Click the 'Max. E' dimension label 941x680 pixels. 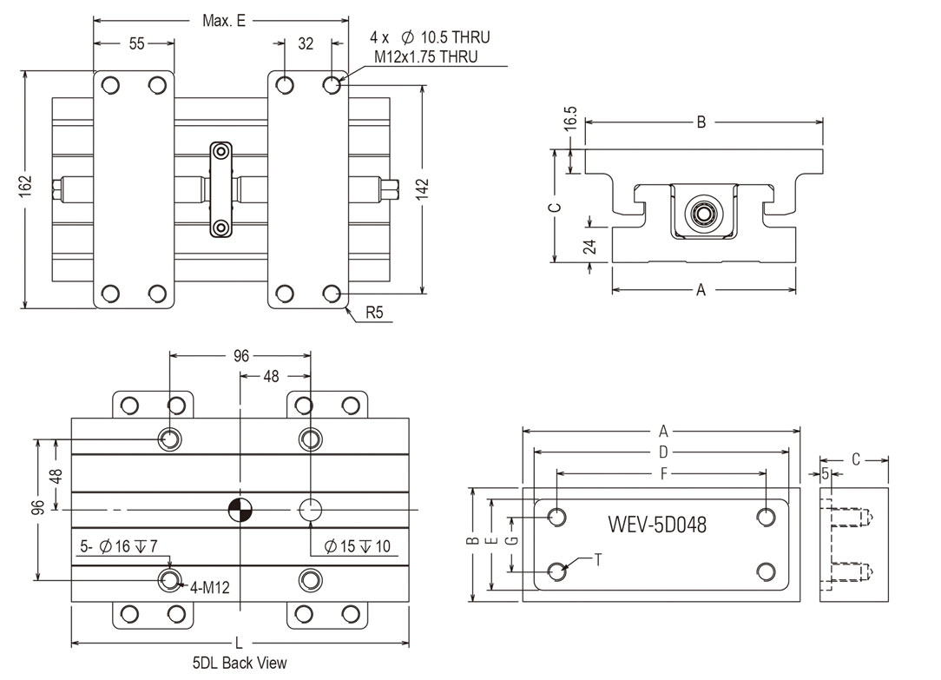click(223, 20)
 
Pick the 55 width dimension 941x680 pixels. click(136, 44)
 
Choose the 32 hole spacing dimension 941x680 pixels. click(306, 44)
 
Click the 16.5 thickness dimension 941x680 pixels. click(569, 119)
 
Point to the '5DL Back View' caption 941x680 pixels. click(240, 663)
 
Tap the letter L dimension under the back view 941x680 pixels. click(239, 644)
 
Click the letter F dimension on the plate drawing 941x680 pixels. click(663, 474)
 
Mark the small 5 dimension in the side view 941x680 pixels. click(825, 473)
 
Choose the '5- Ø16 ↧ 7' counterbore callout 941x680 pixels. click(121, 546)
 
